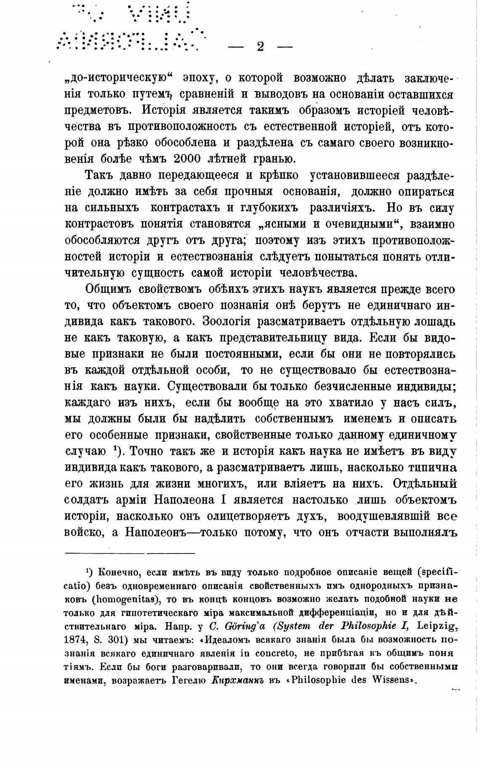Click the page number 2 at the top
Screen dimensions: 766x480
pos(260,47)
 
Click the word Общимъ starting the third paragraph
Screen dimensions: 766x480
pos(109,289)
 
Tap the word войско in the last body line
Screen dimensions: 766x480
pos(84,533)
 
